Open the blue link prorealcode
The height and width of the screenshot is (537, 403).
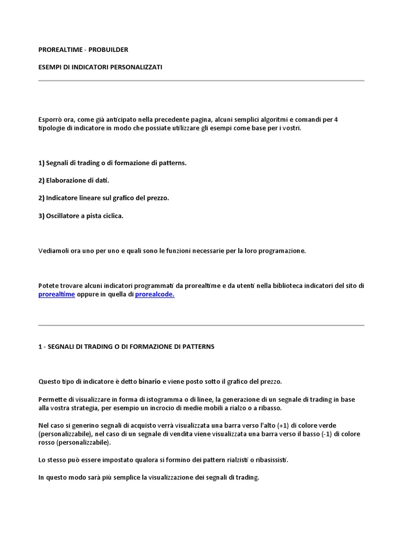(x=155, y=295)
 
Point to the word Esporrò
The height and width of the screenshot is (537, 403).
(x=50, y=120)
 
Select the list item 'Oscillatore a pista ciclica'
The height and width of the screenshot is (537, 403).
(x=81, y=216)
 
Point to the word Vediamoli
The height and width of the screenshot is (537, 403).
(x=53, y=251)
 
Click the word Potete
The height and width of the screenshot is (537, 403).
(x=48, y=286)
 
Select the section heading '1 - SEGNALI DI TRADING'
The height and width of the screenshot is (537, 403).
(x=126, y=347)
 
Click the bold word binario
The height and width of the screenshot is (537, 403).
(x=142, y=381)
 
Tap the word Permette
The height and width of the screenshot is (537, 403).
(x=51, y=399)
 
